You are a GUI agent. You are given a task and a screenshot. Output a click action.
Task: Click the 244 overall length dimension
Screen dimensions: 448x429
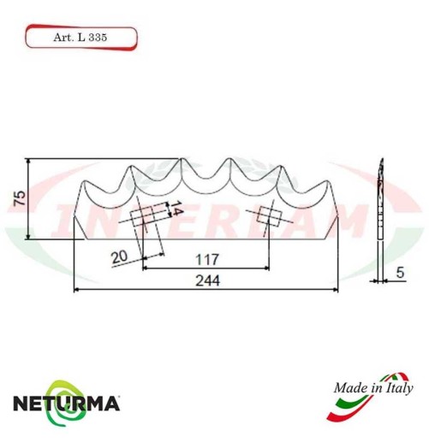click(x=206, y=281)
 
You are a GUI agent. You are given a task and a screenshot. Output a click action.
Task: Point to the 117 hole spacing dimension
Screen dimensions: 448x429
click(x=206, y=258)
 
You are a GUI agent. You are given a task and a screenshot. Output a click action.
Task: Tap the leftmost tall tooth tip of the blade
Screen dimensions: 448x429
click(x=134, y=166)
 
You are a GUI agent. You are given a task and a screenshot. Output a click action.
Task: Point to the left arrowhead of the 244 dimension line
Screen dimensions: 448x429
click(x=78, y=291)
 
